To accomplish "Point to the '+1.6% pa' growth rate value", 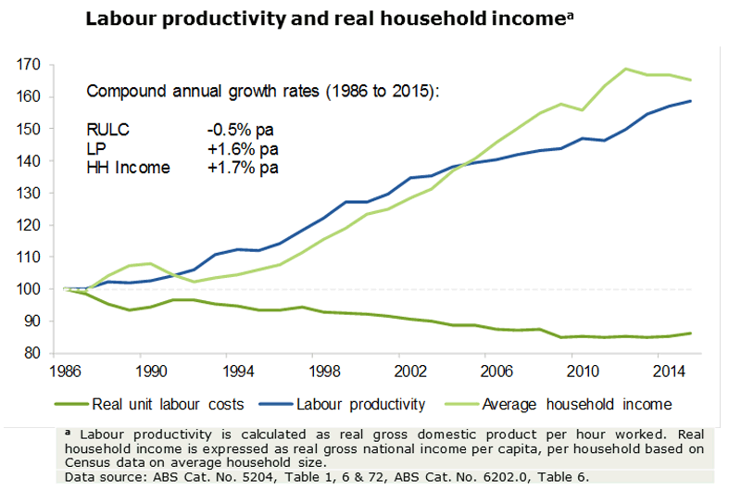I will click(x=243, y=148).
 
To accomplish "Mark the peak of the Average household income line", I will click(x=625, y=69).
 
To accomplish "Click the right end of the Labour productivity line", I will click(x=690, y=101).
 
